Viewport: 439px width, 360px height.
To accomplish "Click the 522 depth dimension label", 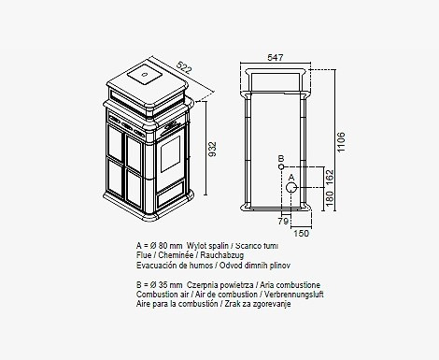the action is [184, 67].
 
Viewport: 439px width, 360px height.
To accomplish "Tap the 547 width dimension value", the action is [276, 58].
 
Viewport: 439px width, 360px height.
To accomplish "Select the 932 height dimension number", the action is [212, 150].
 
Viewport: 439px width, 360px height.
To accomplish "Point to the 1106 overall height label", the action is [341, 142].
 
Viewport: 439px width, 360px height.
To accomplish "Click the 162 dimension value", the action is [330, 177].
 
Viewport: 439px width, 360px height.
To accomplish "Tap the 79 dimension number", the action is [283, 222].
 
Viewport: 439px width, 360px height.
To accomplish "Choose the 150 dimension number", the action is [301, 233].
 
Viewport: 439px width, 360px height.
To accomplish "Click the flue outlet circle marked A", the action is [291, 188].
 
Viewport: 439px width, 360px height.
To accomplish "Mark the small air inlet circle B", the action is [281, 167].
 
